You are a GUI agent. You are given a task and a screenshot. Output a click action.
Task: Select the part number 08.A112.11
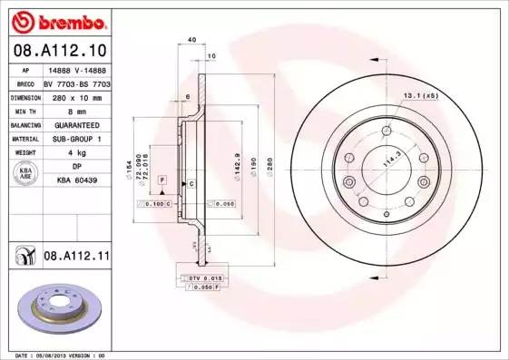[x=76, y=257]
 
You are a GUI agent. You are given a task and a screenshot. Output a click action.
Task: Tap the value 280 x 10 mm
[x=76, y=95]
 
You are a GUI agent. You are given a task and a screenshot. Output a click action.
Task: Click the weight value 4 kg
[x=76, y=152]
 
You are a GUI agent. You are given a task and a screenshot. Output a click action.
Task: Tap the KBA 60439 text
[x=76, y=180]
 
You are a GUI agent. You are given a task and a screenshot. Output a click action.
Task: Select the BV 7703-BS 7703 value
[x=76, y=82]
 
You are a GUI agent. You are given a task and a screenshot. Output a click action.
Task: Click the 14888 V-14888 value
[x=76, y=68]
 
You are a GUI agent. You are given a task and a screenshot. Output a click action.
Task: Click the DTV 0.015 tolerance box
[x=206, y=277]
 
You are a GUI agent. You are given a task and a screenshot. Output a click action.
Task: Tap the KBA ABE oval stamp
[x=25, y=173]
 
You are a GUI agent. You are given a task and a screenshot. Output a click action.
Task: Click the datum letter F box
[x=162, y=182]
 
